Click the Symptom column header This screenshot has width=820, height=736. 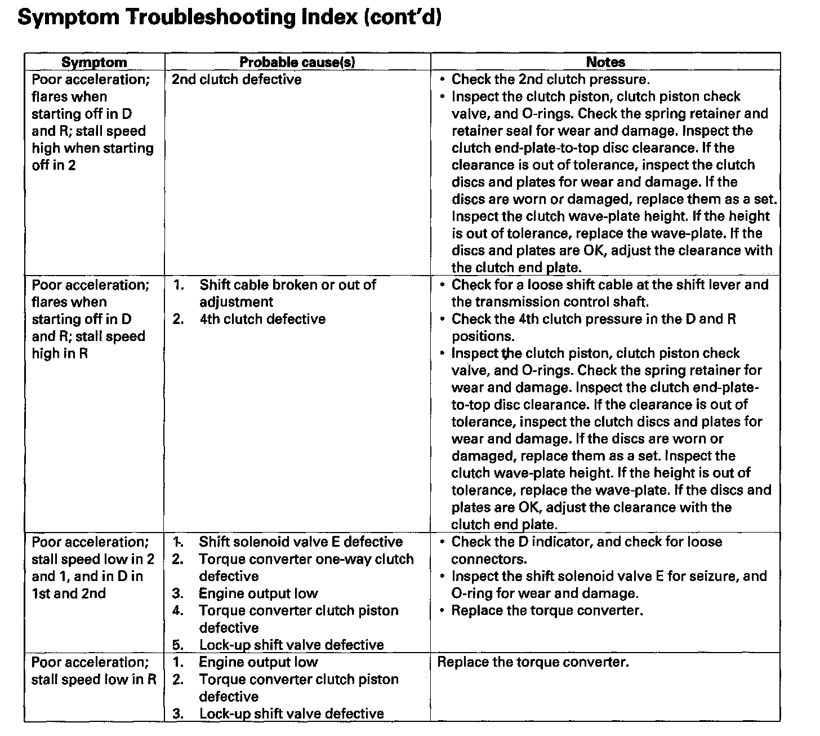click(x=94, y=62)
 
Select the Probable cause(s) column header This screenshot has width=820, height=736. click(x=297, y=62)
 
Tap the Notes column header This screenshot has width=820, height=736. click(x=605, y=62)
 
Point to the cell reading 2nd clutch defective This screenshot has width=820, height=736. click(x=237, y=79)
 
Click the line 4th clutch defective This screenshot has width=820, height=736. click(x=262, y=319)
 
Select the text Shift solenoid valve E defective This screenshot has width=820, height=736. click(x=301, y=542)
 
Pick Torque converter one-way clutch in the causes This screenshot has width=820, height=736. click(x=306, y=559)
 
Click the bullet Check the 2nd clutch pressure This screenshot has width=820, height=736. click(x=550, y=79)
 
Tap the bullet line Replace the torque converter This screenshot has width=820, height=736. click(x=547, y=610)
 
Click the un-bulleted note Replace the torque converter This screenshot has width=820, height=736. click(x=533, y=662)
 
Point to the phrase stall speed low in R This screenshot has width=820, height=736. click(x=93, y=679)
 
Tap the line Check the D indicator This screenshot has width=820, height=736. click(x=586, y=542)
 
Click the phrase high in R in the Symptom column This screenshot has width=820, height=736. click(x=60, y=353)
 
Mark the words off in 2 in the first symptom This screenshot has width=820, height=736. click(x=54, y=165)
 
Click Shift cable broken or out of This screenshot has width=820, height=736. click(x=287, y=285)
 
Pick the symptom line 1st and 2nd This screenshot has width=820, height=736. click(x=68, y=593)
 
